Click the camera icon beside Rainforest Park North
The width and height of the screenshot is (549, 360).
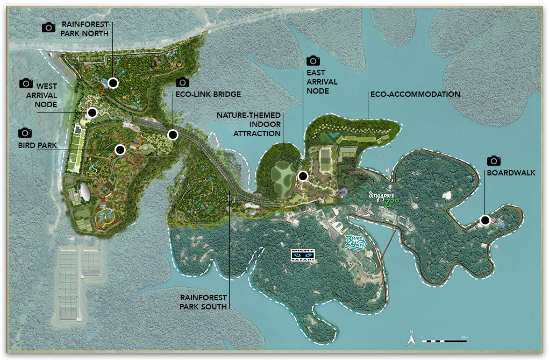click(49, 27)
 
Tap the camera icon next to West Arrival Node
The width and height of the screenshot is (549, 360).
click(26, 83)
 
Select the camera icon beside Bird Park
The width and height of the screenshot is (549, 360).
click(25, 133)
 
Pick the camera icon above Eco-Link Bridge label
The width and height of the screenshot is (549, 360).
click(183, 82)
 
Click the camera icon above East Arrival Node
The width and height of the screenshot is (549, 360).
click(313, 61)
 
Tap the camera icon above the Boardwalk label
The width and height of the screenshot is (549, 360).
click(494, 161)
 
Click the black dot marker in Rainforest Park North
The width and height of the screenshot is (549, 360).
click(113, 83)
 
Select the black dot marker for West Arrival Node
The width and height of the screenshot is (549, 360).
click(92, 112)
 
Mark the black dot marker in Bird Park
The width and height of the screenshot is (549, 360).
click(120, 150)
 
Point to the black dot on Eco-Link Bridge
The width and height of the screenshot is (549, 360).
click(173, 135)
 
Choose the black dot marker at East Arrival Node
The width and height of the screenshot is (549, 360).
click(303, 176)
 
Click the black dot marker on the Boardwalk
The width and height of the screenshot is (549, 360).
click(485, 220)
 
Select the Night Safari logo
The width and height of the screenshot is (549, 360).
click(303, 256)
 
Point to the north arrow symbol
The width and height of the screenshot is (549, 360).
click(411, 339)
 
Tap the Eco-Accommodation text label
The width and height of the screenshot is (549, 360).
click(415, 94)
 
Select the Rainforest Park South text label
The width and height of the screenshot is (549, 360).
click(203, 301)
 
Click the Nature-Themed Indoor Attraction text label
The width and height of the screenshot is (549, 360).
click(248, 124)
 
